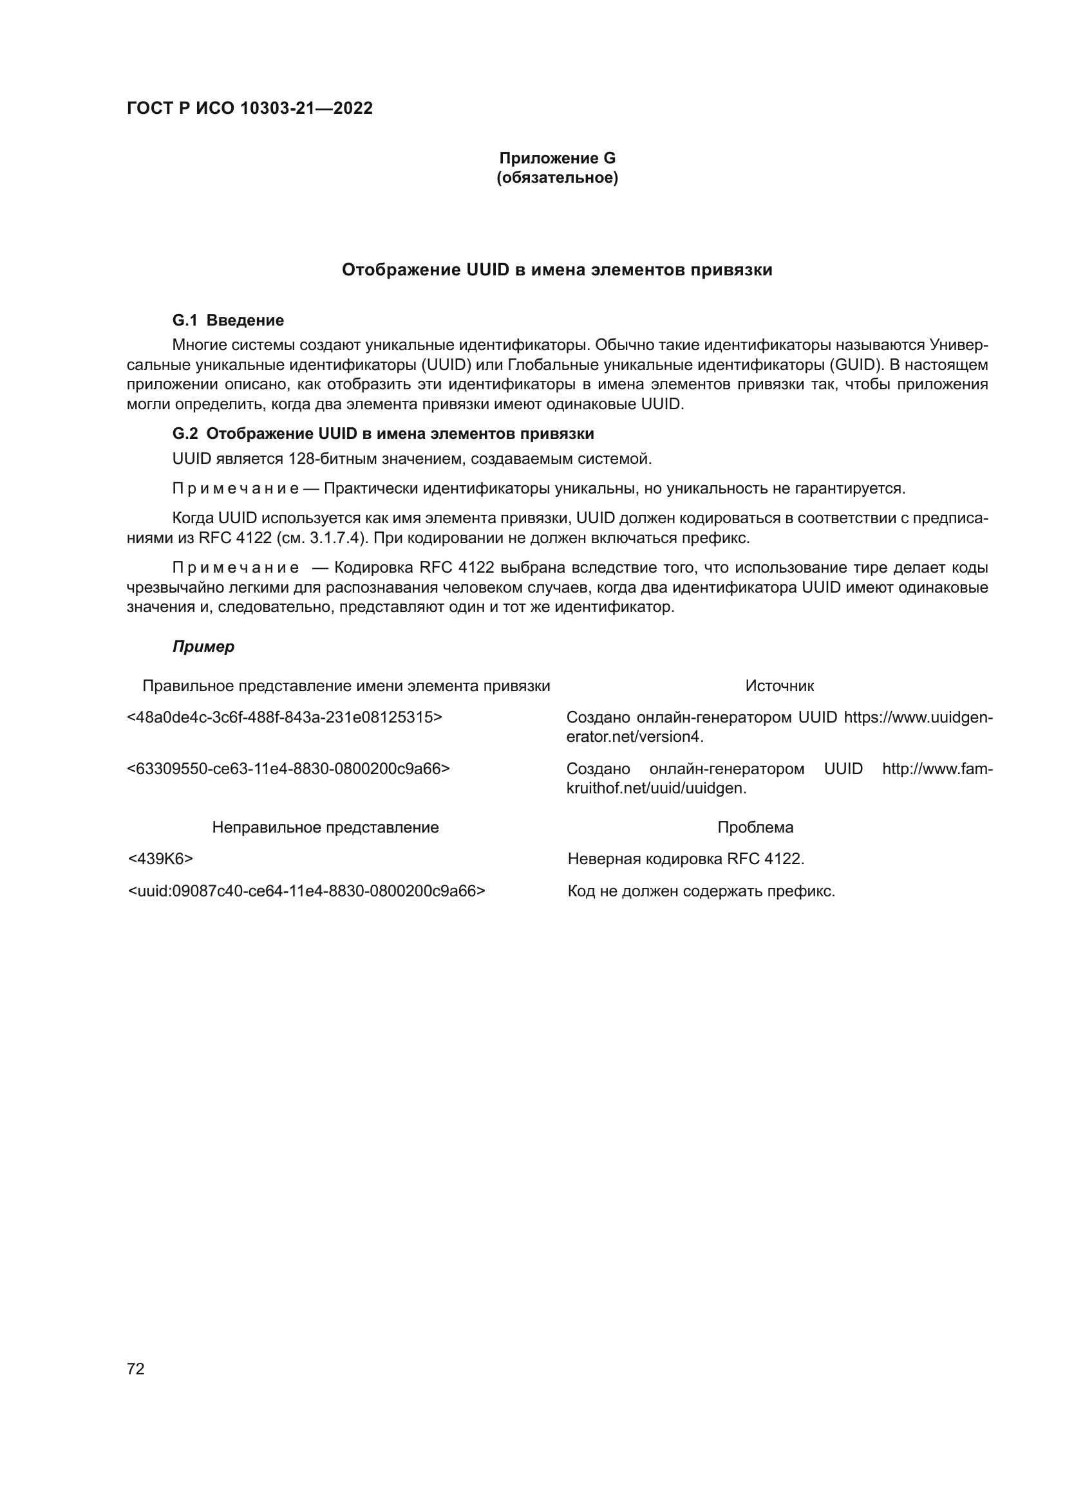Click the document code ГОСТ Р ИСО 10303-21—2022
pos(250,108)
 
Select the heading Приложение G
pos(557,158)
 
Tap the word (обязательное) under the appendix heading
pos(557,178)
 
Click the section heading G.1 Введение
pos(227,320)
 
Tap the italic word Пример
pos(203,647)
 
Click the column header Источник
pos(779,687)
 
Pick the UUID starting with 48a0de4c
pos(284,717)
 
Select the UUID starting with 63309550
pos(288,768)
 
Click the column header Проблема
pos(755,827)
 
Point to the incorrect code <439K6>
pos(160,859)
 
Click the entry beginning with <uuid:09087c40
pos(306,891)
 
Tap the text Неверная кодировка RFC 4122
pos(685,859)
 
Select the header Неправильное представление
pos(325,827)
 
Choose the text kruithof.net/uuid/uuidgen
pos(655,789)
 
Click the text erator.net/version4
pos(634,737)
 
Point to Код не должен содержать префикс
pos(701,891)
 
